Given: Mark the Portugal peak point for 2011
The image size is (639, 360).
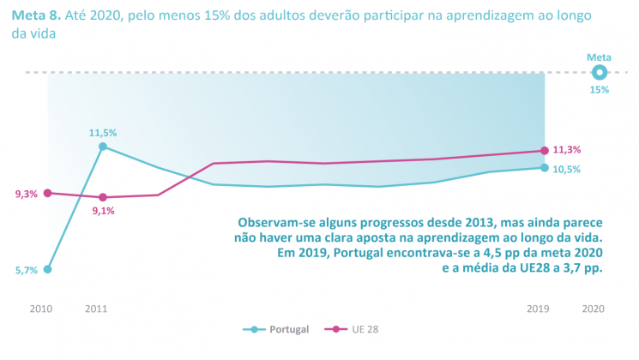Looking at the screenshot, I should coord(103,147).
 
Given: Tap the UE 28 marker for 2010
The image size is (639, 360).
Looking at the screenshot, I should coord(48,193).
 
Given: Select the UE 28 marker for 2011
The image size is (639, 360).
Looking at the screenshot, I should coord(103,197).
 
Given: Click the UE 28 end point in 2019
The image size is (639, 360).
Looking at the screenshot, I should coord(544,151).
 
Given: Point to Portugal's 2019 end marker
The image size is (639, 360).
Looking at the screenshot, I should coord(544,167).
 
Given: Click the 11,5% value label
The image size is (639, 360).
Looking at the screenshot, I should coord(103,133).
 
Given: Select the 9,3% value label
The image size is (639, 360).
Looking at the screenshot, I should coord(26,195).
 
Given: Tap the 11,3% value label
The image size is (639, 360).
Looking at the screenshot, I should coord(567,149).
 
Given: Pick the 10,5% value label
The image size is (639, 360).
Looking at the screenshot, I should coord(567,169).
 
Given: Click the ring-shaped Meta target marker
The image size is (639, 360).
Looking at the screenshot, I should coord(599,73).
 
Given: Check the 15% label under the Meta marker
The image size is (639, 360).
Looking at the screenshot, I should coord(599,89).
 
